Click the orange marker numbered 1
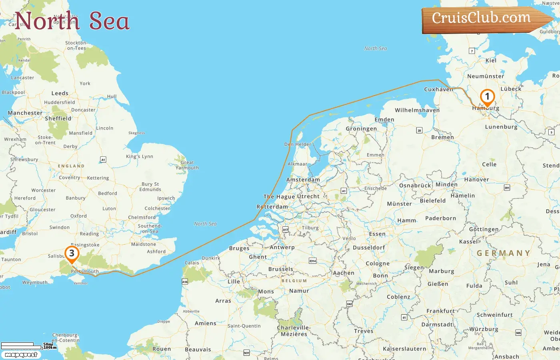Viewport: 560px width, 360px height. (487, 97)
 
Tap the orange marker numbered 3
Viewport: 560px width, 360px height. (72, 254)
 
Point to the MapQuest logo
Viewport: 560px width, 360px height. (21, 354)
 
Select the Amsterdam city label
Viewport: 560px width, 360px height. (303, 180)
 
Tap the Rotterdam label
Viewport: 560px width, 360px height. (272, 207)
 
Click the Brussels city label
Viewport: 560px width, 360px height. (281, 269)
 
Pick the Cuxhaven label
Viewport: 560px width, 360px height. (438, 90)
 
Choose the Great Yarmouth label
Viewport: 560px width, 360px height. (187, 165)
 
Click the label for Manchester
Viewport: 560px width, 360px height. (25, 113)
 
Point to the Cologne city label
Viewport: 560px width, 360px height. (378, 264)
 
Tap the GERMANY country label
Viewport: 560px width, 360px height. (504, 253)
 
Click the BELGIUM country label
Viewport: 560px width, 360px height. (294, 281)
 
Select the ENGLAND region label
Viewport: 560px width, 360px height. (71, 166)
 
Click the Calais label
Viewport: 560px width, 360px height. (192, 263)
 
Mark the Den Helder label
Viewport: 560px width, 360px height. (298, 144)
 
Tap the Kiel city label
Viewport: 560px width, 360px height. (491, 60)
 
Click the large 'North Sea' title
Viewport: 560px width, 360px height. (72, 21)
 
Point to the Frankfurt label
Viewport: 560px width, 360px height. (441, 311)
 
